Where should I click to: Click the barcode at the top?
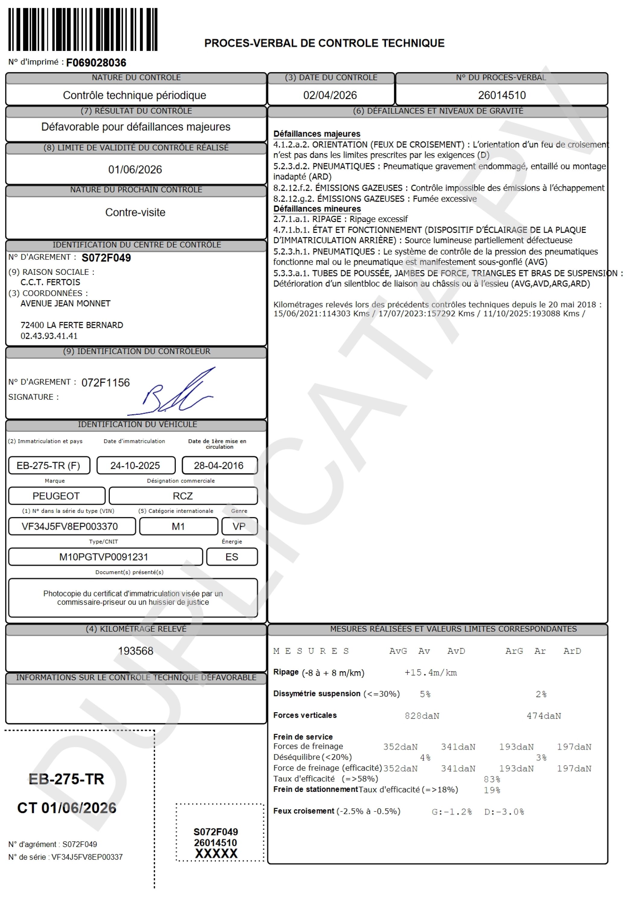[x=83, y=30]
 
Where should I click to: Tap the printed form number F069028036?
[x=96, y=63]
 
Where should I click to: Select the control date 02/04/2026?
[x=330, y=95]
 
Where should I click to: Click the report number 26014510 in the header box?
[x=502, y=95]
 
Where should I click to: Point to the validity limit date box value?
[x=135, y=170]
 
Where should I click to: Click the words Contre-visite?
[x=135, y=212]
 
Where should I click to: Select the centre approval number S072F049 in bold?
[x=106, y=258]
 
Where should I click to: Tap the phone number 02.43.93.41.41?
[x=49, y=336]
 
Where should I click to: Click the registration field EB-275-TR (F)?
[x=49, y=465]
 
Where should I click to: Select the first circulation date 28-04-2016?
[x=219, y=465]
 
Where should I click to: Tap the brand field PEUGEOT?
[x=56, y=496]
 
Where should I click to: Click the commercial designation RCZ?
[x=183, y=496]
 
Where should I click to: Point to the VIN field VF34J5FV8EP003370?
[x=70, y=527]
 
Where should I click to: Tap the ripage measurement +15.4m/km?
[x=430, y=673]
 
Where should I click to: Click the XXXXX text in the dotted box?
[x=216, y=853]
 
